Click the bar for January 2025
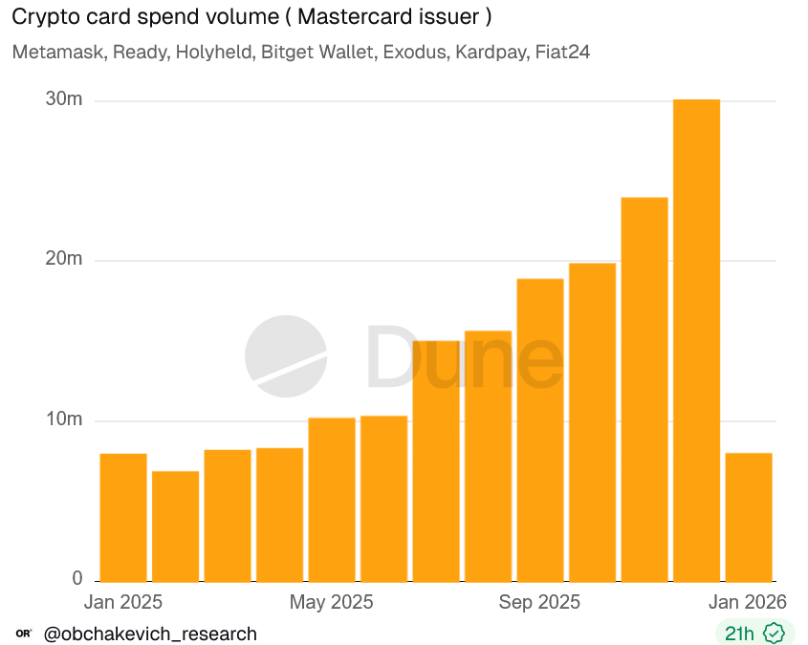[123, 517]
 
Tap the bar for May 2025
[332, 499]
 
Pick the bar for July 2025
[436, 461]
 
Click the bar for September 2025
[540, 430]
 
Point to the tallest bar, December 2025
[696, 340]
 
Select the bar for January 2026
[749, 517]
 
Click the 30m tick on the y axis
[64, 100]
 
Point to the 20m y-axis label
[64, 260]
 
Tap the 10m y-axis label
[64, 420]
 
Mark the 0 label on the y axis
[77, 580]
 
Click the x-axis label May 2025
[331, 603]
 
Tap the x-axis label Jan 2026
[748, 603]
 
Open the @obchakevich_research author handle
[150, 634]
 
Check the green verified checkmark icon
[774, 634]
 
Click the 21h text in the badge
[739, 634]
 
